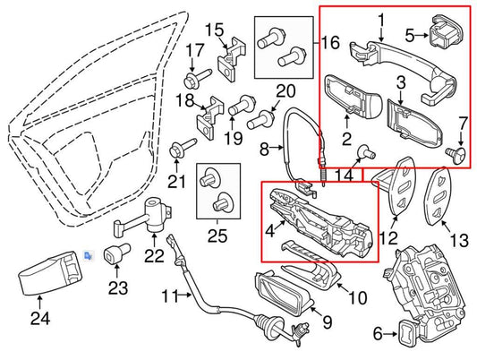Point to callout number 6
click(x=377, y=333)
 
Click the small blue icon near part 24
click(x=88, y=255)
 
